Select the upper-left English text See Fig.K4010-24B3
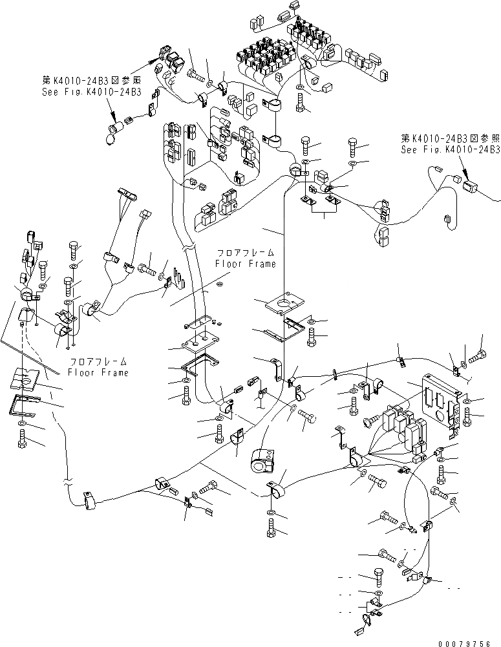coord(89,92)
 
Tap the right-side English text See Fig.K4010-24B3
coord(450,149)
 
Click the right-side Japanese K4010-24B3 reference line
coord(450,138)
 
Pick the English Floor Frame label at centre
coord(246,264)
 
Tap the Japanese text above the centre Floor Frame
coord(246,253)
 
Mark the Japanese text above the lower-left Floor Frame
coord(98,363)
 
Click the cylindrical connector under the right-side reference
coord(471,187)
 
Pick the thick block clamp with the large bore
coord(261,461)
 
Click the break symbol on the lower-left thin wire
coord(67,483)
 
